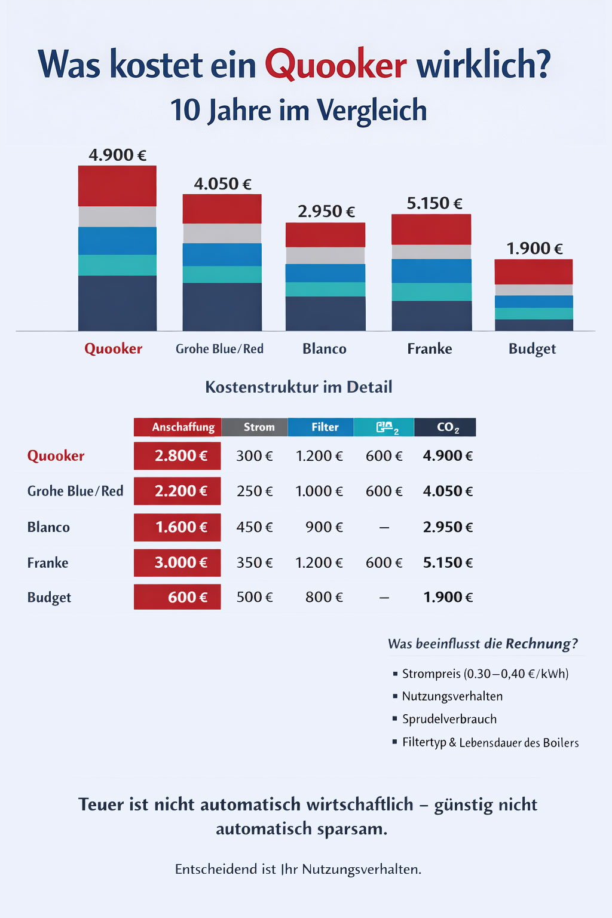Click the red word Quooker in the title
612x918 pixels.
pos(335,65)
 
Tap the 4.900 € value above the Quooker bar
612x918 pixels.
pos(117,155)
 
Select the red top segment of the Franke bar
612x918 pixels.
pos(431,229)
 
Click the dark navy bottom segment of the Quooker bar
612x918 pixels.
pos(117,302)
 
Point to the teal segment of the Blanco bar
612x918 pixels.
pos(325,289)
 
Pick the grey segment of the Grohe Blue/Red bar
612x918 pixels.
pos(222,233)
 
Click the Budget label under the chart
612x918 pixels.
pos(532,348)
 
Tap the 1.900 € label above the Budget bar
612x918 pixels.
pos(534,248)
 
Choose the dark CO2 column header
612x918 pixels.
pos(445,427)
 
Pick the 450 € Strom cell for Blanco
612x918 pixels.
pos(255,527)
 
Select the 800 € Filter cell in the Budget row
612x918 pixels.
pos(324,597)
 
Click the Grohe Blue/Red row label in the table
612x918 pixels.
pos(75,491)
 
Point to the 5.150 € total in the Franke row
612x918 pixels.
pos(448,562)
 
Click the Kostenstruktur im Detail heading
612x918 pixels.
pos(298,387)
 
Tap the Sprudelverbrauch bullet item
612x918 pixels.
pos(449,719)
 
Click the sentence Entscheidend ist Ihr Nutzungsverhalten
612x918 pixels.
pos(298,869)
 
